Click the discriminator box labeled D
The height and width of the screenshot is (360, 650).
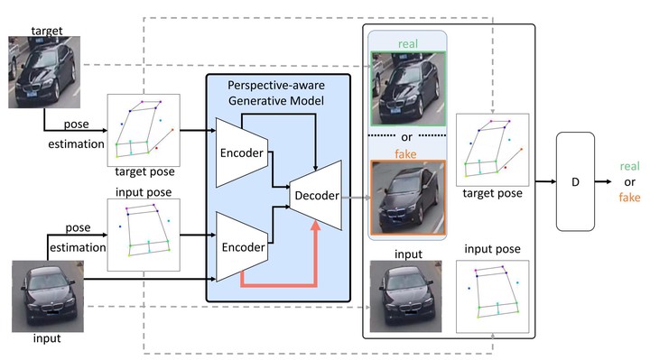tap(575, 181)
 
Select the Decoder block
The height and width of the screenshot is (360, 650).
tap(316, 195)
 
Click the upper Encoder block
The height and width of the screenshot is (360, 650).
tap(242, 152)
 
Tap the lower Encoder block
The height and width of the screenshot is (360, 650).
tap(242, 247)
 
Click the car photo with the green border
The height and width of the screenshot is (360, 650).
tap(408, 88)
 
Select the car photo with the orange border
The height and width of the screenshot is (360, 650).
tap(408, 198)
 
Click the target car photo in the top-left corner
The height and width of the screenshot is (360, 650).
tap(44, 72)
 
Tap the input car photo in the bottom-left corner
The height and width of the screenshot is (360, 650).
tap(48, 296)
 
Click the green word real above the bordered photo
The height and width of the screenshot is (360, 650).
tap(408, 43)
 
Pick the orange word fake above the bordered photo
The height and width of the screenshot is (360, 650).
tap(405, 154)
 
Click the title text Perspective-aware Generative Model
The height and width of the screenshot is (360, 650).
tap(276, 93)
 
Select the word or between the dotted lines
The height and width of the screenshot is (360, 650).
tap(406, 137)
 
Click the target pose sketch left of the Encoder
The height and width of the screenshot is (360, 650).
tap(144, 130)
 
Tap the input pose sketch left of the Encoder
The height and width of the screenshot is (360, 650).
tap(144, 235)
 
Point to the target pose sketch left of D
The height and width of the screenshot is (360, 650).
tap(493, 150)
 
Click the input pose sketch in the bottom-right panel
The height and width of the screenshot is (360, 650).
tap(493, 296)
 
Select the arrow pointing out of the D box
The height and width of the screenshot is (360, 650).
tap(603, 181)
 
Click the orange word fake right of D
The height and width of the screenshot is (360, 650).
tap(630, 198)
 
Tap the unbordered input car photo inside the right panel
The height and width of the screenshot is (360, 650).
tap(406, 296)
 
